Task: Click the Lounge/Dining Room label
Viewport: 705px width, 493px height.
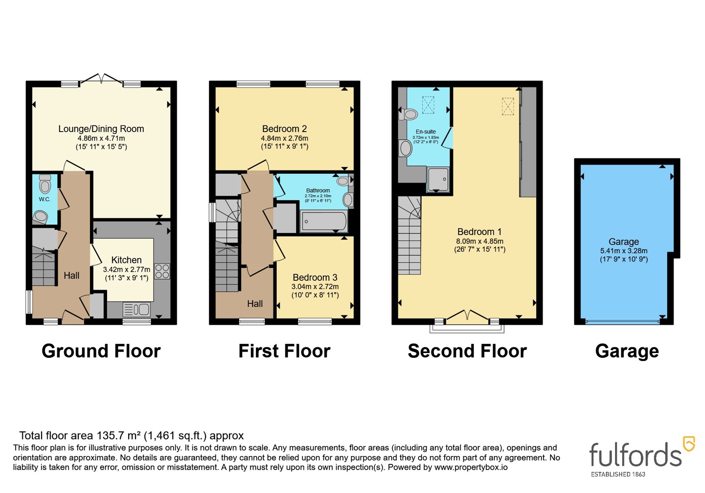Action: click(x=101, y=129)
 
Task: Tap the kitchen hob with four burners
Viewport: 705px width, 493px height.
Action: click(x=162, y=271)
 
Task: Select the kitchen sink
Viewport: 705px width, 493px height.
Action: click(x=137, y=309)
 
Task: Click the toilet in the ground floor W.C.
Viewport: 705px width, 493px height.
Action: click(x=45, y=184)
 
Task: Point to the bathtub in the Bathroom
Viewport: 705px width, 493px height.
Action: click(x=324, y=221)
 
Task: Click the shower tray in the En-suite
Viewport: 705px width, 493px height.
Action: click(x=438, y=179)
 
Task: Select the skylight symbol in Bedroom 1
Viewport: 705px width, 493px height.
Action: click(x=508, y=106)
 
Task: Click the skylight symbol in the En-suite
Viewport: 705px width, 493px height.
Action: click(x=428, y=105)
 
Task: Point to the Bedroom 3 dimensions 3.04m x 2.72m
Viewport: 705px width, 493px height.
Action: click(x=315, y=287)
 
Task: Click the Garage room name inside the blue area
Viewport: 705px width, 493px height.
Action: click(x=624, y=242)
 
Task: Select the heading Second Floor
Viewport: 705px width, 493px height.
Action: click(x=468, y=351)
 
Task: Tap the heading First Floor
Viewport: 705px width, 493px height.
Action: click(x=285, y=351)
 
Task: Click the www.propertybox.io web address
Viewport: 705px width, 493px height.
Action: click(x=471, y=467)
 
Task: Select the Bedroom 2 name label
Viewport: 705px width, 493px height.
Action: click(x=285, y=129)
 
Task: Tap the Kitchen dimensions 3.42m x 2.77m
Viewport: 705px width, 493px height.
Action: click(x=126, y=269)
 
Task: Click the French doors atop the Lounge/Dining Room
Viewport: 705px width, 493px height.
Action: click(x=101, y=79)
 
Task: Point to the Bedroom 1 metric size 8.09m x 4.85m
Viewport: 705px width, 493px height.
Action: click(x=480, y=241)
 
